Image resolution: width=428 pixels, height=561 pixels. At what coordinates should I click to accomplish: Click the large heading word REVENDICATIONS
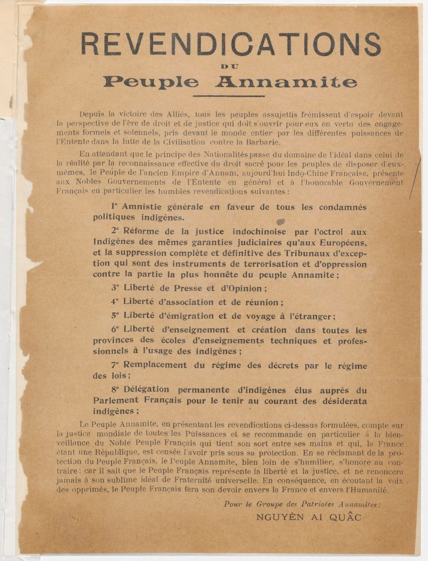(x=231, y=44)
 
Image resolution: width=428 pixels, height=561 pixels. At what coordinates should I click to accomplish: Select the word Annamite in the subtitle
(x=286, y=82)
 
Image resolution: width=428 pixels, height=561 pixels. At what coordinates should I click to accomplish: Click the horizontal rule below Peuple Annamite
(x=229, y=96)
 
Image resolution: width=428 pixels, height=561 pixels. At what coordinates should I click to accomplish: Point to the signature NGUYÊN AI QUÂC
(x=309, y=517)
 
